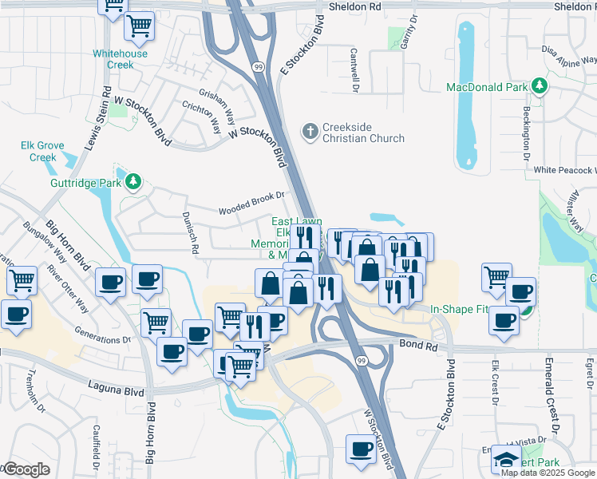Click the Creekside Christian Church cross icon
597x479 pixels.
310,129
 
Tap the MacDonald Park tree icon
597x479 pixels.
540,85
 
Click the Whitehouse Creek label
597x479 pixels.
120,59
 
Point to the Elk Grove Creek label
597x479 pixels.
38,151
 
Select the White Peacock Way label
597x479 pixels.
565,170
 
